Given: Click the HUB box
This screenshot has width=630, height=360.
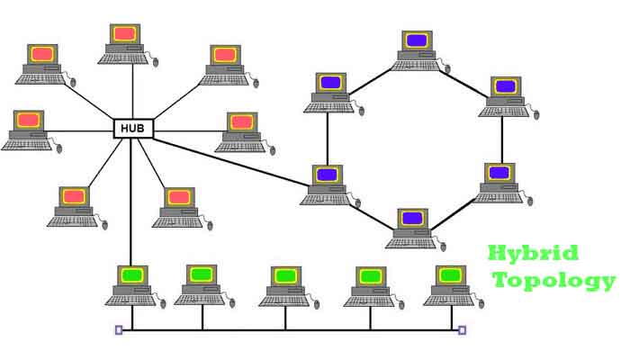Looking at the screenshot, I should pos(133,129).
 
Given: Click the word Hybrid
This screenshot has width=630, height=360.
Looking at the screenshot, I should pos(533,253).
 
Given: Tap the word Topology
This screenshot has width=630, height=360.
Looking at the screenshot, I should pos(553,280).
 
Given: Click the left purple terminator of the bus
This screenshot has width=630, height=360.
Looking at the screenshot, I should pos(119,330).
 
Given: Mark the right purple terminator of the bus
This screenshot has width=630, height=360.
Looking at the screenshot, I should pos(462,330).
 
